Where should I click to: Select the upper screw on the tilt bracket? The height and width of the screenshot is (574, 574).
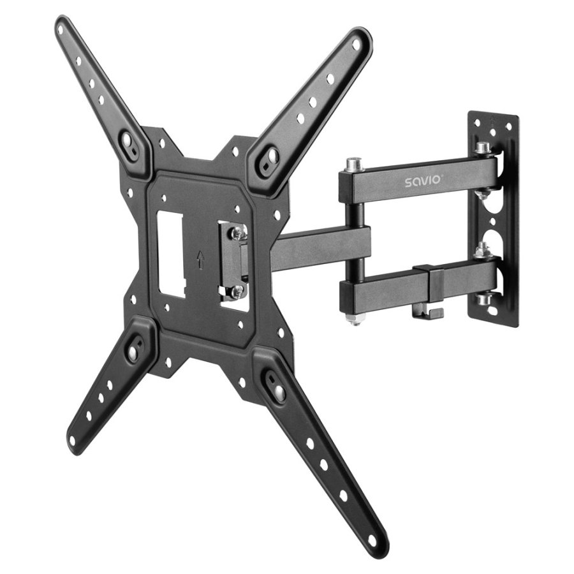point(238,233)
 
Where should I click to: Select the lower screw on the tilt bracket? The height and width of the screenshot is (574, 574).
point(237,290)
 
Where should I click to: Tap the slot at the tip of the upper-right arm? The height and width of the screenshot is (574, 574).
point(361,41)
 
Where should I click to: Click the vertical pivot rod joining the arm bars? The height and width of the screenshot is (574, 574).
point(355,242)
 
